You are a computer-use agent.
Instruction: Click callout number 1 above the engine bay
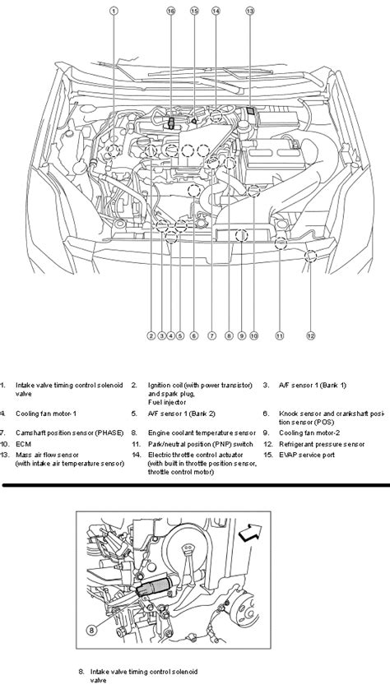(x=114, y=11)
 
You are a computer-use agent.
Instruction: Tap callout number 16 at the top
(x=170, y=11)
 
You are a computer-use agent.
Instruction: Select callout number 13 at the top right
(x=250, y=11)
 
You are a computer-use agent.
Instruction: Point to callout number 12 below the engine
(x=311, y=335)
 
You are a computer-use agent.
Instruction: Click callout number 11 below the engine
(x=280, y=335)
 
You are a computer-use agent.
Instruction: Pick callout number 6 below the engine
(x=193, y=335)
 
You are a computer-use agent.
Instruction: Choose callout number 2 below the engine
(x=151, y=335)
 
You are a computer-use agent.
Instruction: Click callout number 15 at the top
(x=194, y=11)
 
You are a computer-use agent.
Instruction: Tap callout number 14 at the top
(x=216, y=11)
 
